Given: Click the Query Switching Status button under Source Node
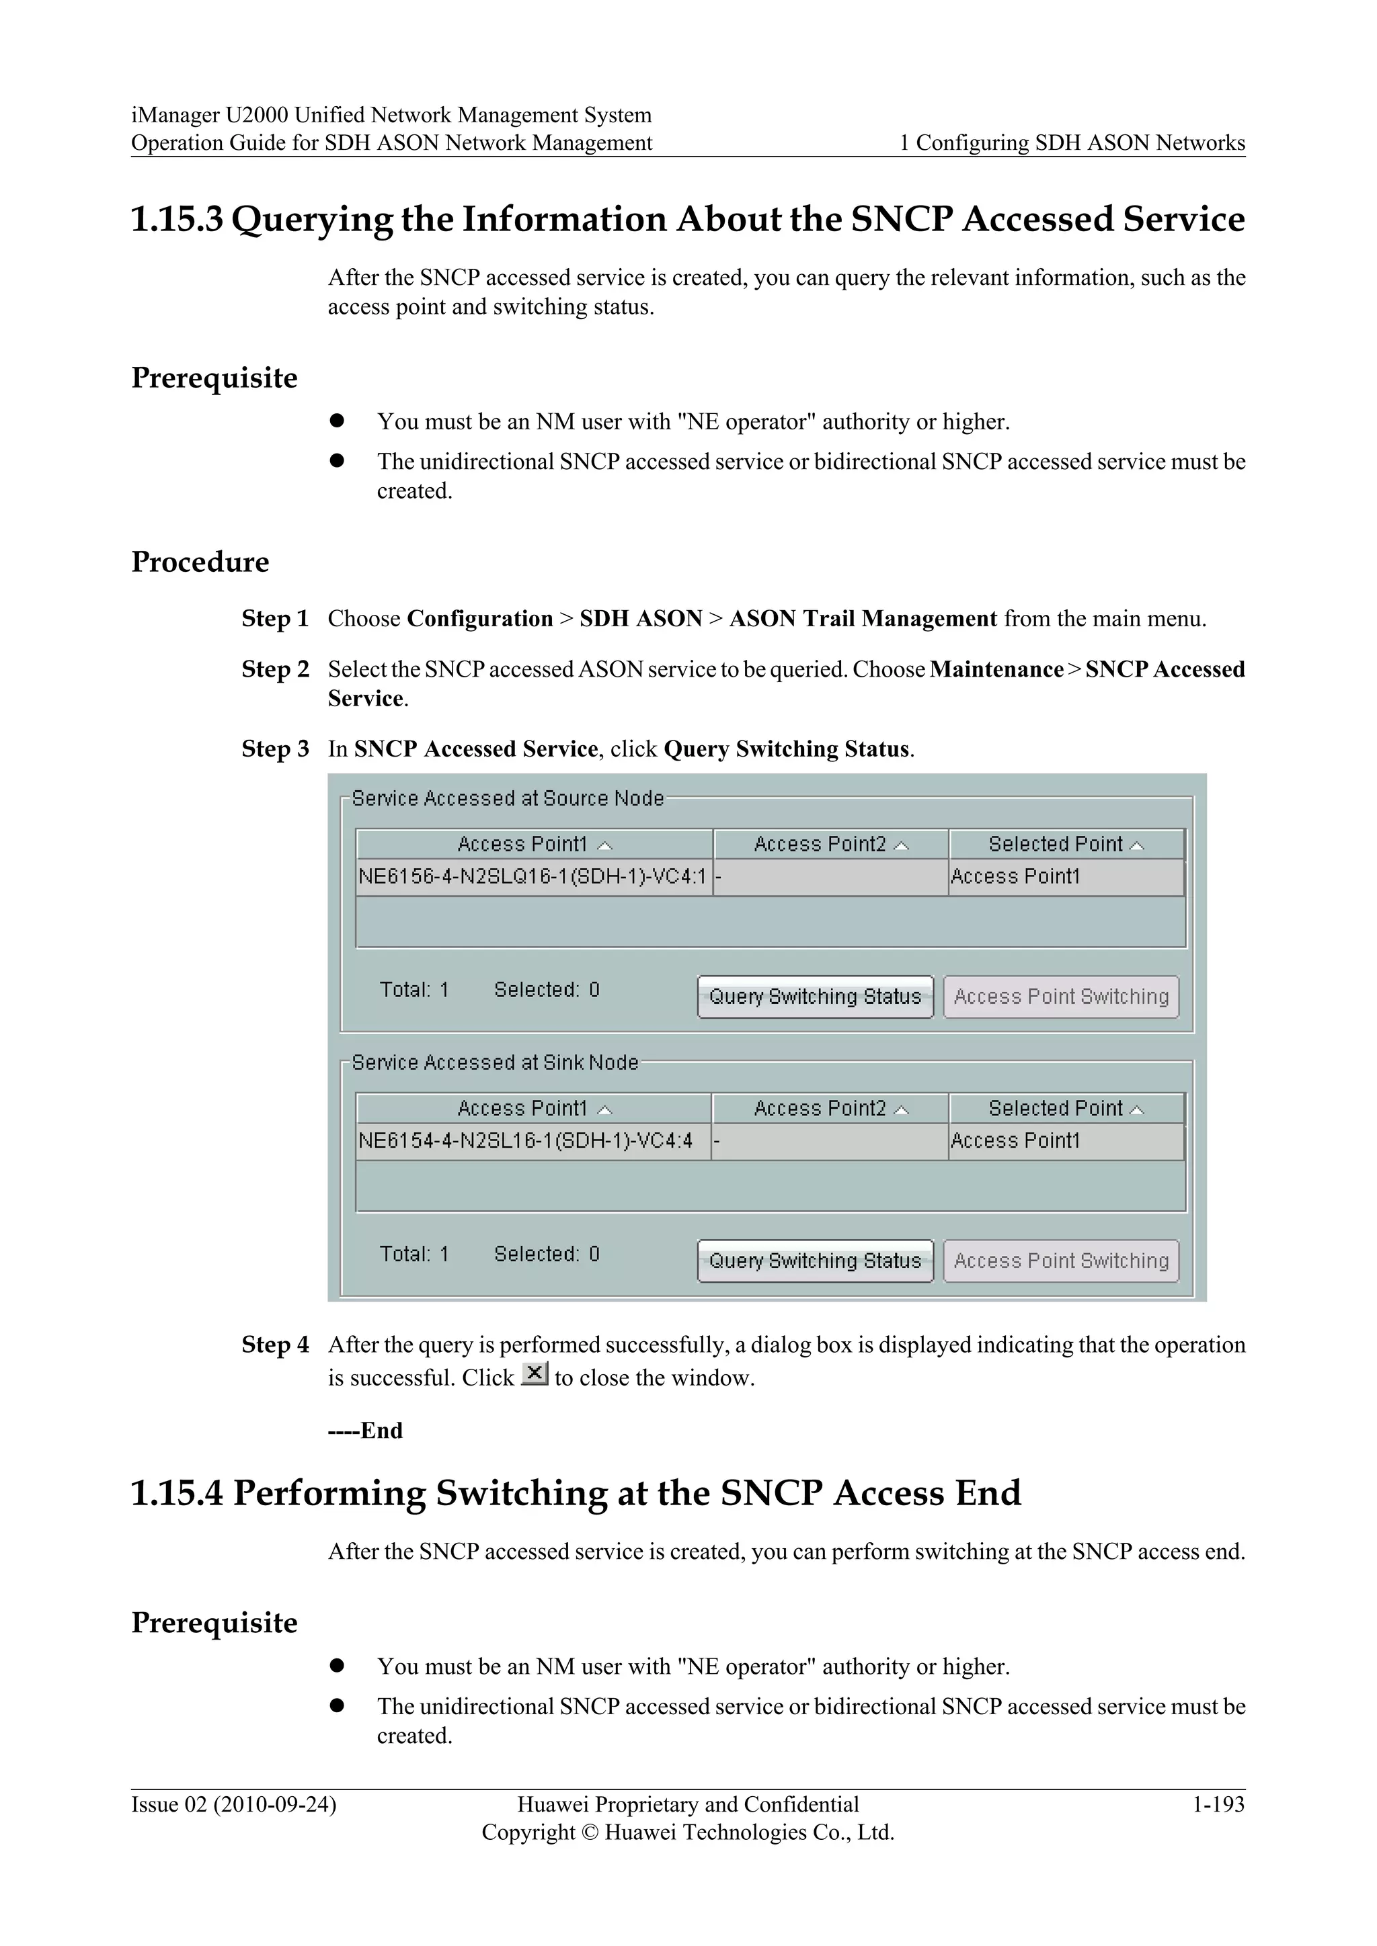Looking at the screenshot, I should tap(815, 997).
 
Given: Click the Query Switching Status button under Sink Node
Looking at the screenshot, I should tap(815, 1261).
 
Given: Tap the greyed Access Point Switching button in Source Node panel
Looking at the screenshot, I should tap(1061, 997).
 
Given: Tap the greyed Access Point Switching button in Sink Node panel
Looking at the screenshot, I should tap(1061, 1261).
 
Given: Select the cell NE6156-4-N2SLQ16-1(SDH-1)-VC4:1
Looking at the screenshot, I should tap(533, 876).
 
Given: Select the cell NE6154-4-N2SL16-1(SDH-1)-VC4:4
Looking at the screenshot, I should tap(526, 1141).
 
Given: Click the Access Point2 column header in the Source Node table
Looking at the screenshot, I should tap(830, 844).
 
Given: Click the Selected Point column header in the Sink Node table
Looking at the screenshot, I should tap(1065, 1109).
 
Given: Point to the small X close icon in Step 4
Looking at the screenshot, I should tap(534, 1373).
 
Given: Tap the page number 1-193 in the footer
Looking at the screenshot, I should tap(1218, 1804).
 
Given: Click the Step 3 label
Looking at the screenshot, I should tap(275, 749).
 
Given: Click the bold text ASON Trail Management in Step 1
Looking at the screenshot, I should tap(863, 619).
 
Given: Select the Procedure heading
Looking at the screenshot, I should tap(200, 562).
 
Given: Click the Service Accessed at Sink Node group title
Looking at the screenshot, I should tap(494, 1063).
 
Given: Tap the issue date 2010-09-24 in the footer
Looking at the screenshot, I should tap(275, 1804).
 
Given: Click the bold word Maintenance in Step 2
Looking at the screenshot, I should tap(996, 669).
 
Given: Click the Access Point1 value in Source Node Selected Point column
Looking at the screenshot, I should tap(1015, 876).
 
